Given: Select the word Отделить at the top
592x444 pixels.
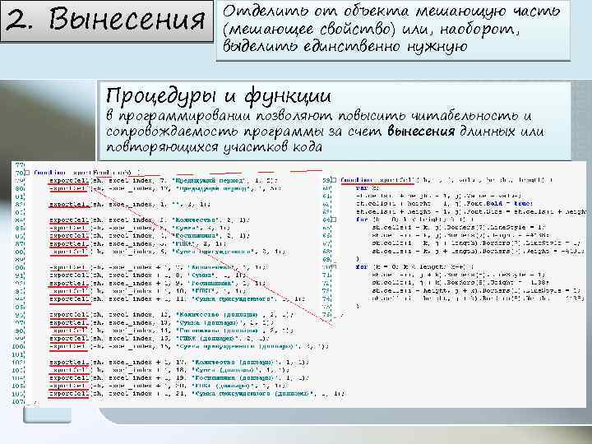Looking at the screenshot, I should click(262, 12).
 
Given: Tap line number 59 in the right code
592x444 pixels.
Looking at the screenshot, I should click(326, 178).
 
